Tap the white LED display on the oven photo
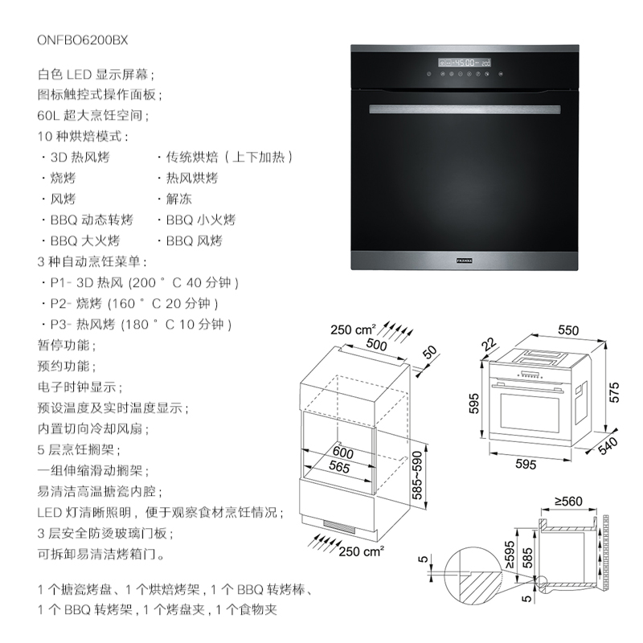coord(465,62)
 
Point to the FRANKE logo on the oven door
coord(465,260)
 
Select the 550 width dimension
coord(568,330)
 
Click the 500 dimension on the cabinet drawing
coord(375,343)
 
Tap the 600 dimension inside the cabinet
coord(343,454)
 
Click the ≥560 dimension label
coord(567,502)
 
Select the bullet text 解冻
coord(179,199)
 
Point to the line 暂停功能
coord(66,346)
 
